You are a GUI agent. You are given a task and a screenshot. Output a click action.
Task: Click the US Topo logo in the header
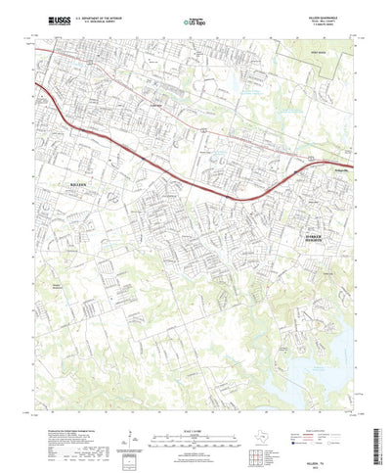pyautogui.click(x=195, y=20)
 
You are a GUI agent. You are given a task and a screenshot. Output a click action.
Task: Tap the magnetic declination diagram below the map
pyautogui.click(x=132, y=439)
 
